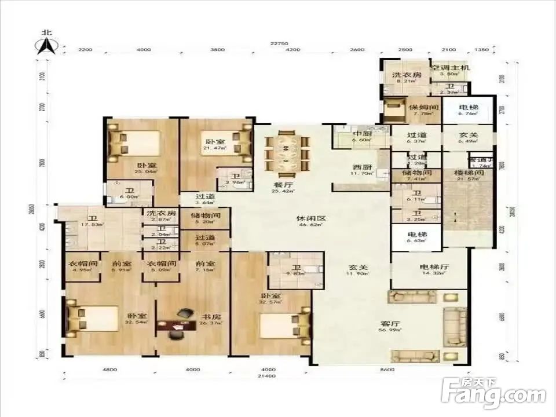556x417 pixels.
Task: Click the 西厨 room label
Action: tap(363, 167)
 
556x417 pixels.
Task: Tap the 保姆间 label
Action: tap(423, 108)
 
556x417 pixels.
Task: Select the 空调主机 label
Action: tap(449, 68)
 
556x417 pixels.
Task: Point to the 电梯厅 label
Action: tap(429, 267)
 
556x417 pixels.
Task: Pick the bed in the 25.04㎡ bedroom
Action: tap(137, 143)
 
